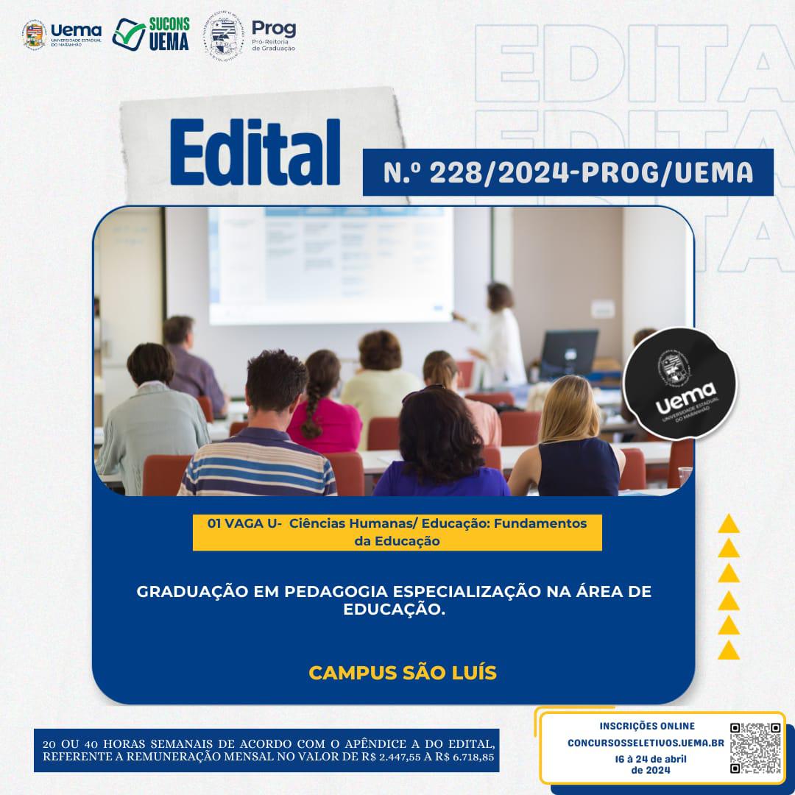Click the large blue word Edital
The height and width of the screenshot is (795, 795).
click(255, 152)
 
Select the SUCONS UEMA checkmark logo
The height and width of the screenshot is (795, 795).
click(151, 34)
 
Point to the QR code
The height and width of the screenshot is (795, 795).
click(755, 748)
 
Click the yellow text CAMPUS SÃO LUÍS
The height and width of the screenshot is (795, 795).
click(403, 673)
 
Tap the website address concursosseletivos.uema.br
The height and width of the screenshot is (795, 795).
click(646, 743)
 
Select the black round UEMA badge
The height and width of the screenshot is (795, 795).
click(679, 384)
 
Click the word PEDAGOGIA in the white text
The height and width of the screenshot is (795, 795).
click(336, 591)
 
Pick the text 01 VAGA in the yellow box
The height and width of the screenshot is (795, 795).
click(236, 523)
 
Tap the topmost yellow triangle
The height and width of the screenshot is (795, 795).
click(729, 524)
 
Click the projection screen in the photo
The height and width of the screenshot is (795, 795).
click(331, 265)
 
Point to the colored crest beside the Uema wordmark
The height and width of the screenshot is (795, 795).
click(35, 35)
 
